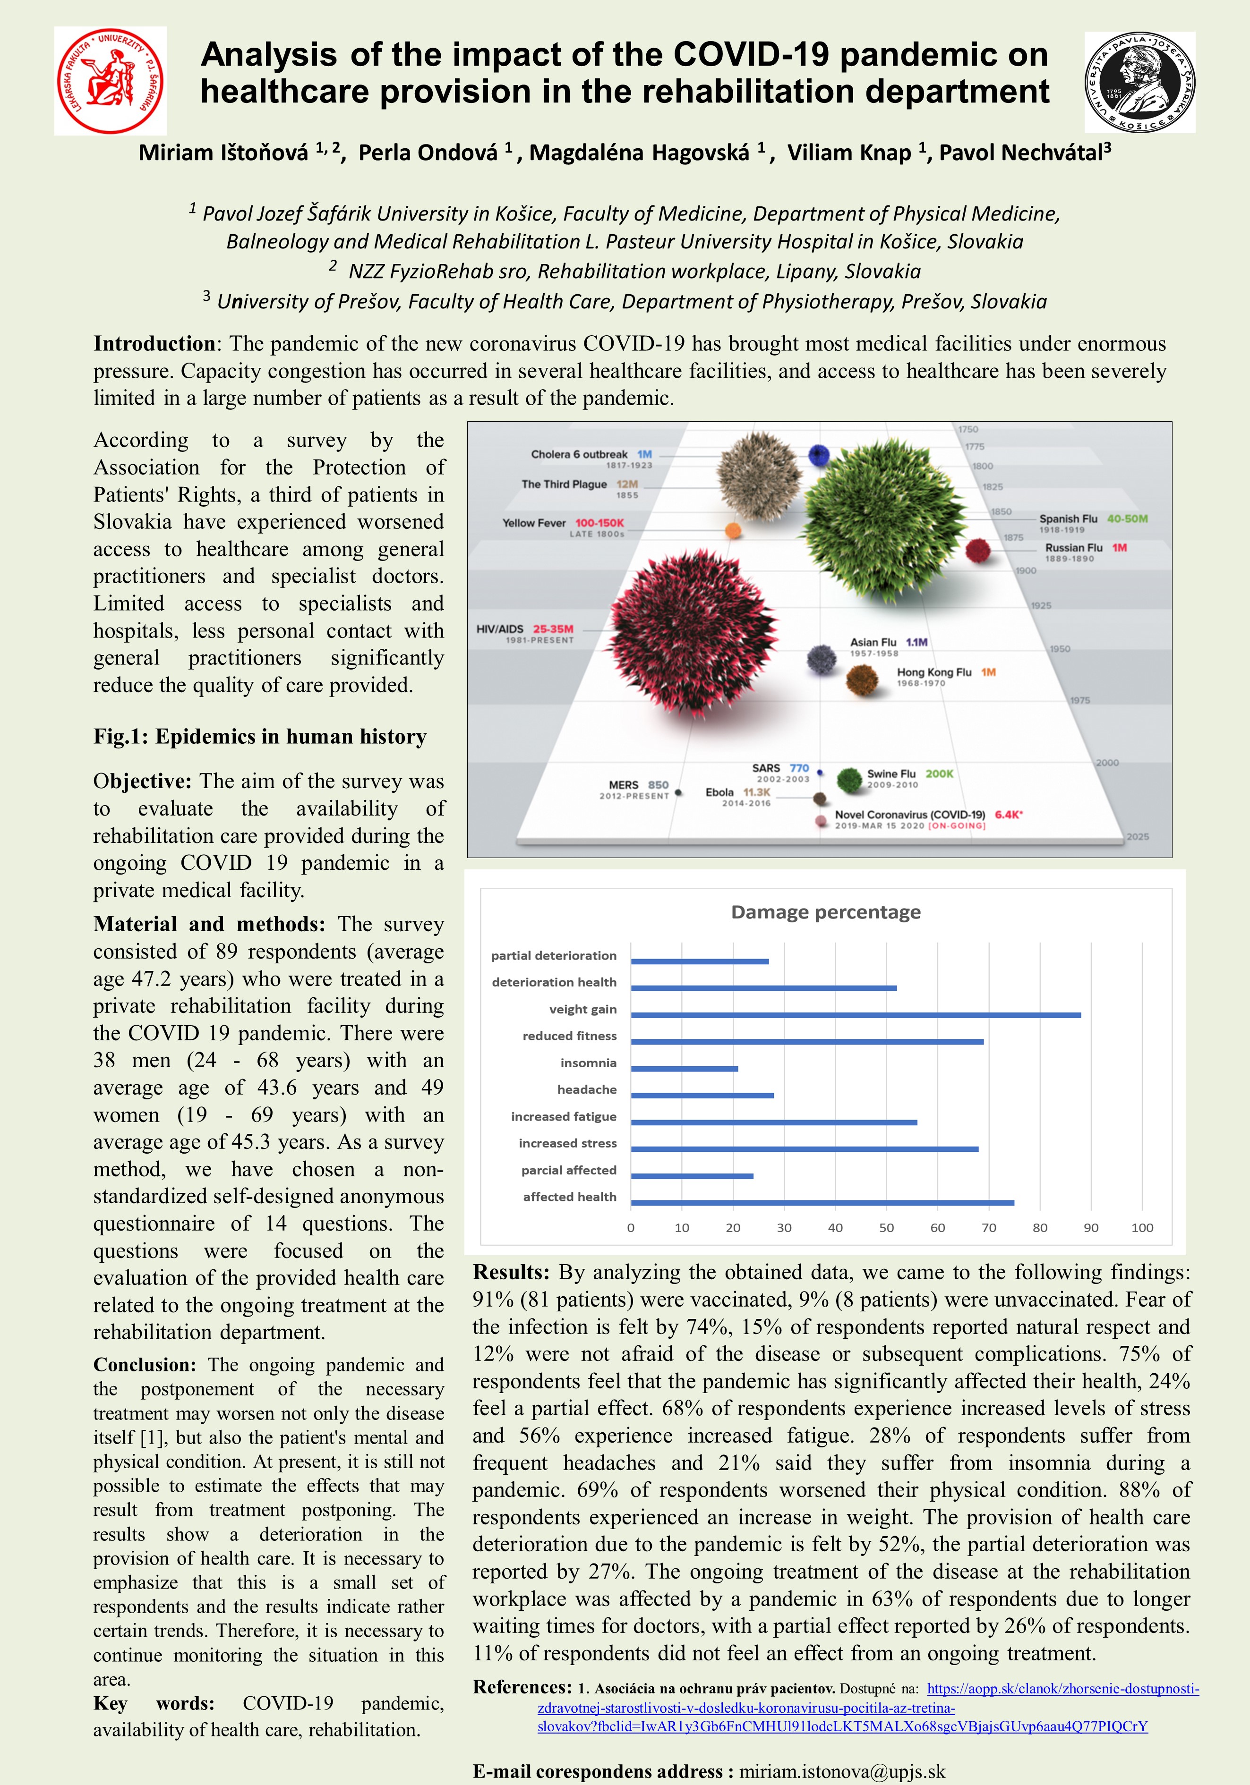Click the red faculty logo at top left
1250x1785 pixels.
pyautogui.click(x=110, y=81)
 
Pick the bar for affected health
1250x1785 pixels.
pyautogui.click(x=822, y=1203)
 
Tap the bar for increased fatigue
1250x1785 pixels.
pyautogui.click(x=773, y=1122)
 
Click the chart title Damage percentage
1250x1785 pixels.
pyautogui.click(x=825, y=912)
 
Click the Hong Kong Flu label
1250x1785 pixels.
pyautogui.click(x=933, y=672)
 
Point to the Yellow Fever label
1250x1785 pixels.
pyautogui.click(x=534, y=523)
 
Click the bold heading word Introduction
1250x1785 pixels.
pyautogui.click(x=154, y=344)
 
